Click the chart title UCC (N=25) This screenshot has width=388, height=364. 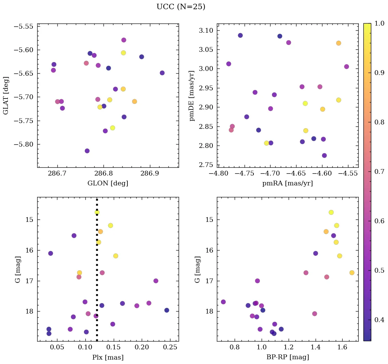coord(181,7)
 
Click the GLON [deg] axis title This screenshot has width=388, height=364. coord(108,183)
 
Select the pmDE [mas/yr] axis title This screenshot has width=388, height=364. coord(192,96)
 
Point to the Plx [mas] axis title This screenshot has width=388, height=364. coord(108,357)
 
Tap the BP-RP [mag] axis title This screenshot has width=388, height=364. coord(288,357)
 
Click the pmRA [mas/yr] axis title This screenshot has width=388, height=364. coord(288,183)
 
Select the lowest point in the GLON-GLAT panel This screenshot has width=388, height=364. coord(87,151)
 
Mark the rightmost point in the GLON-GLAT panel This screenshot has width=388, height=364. coord(162,73)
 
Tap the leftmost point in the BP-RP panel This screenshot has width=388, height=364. coord(223,302)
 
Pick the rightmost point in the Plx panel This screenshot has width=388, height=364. coord(167,310)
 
